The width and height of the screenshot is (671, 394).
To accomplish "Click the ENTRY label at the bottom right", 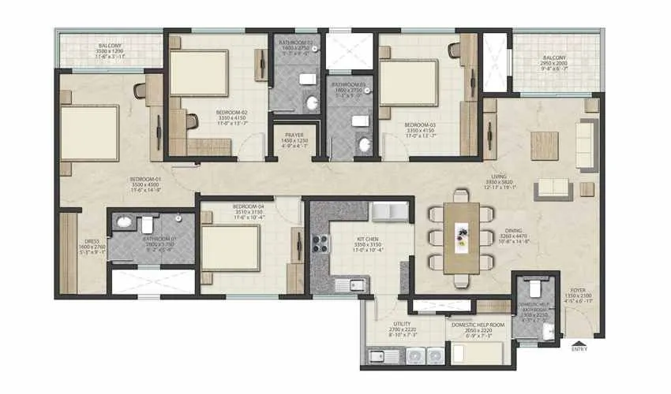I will tap(579, 348).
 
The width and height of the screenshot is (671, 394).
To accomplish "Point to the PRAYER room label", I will tap(294, 135).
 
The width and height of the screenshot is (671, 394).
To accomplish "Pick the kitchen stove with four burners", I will tap(321, 243).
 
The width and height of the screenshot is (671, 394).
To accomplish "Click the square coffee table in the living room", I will tap(545, 146).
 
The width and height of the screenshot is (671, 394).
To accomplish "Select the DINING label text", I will tap(515, 232).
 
